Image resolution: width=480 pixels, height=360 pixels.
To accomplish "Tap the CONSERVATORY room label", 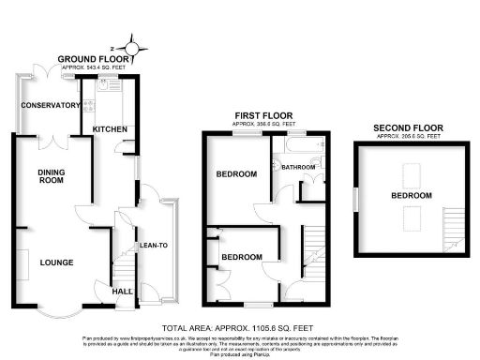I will coord(52,106).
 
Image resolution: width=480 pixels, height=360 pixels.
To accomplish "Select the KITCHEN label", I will coord(110,129).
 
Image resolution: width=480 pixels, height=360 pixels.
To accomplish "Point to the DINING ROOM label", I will coord(51,177).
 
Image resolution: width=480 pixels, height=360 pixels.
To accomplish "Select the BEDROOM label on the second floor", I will coord(411,195).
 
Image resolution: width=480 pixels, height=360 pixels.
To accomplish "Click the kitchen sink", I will coord(115,83).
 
